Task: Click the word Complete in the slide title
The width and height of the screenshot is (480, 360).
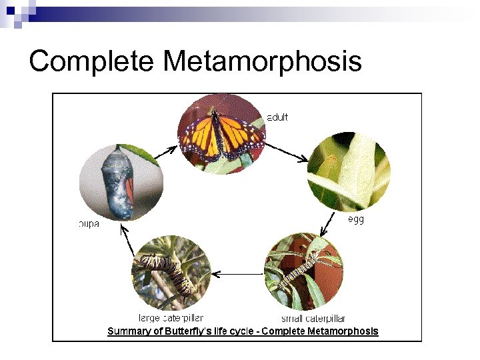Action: pyautogui.click(x=92, y=61)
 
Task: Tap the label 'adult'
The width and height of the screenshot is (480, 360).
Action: pyautogui.click(x=277, y=117)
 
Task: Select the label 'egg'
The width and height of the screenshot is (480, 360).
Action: pyautogui.click(x=356, y=219)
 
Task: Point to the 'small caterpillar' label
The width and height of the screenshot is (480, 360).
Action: pyautogui.click(x=313, y=319)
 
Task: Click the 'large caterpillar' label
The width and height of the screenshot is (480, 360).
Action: pyautogui.click(x=171, y=319)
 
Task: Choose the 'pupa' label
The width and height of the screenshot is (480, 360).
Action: pyautogui.click(x=89, y=224)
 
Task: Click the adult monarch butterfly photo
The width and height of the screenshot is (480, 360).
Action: pyautogui.click(x=221, y=134)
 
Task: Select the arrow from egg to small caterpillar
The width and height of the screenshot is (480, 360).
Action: pyautogui.click(x=329, y=224)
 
